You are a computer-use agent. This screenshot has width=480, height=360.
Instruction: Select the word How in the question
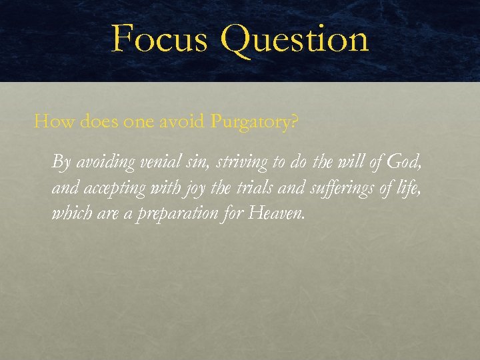coord(50,122)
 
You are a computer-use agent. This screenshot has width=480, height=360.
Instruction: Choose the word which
coord(69,214)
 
